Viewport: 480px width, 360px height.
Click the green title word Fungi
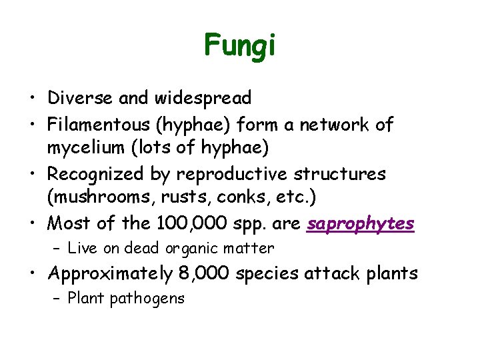point(239,45)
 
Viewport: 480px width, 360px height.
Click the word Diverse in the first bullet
point(81,98)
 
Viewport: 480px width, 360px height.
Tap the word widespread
point(203,99)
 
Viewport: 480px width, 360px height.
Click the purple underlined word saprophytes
point(361,224)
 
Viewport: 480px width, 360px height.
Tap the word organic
point(191,249)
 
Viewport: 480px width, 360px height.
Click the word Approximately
point(109,273)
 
